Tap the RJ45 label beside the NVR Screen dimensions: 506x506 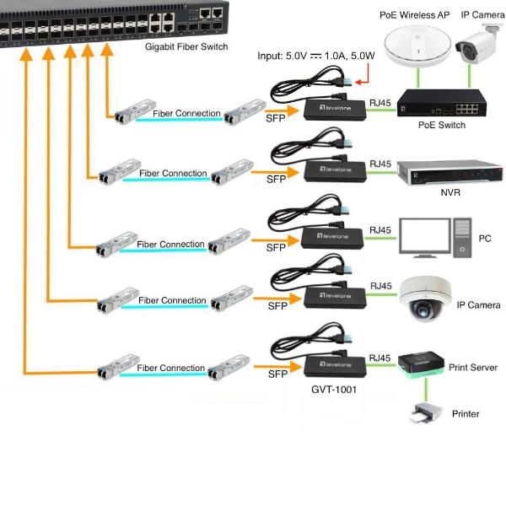tap(380, 164)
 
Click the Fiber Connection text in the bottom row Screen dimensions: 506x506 tap(170, 369)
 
